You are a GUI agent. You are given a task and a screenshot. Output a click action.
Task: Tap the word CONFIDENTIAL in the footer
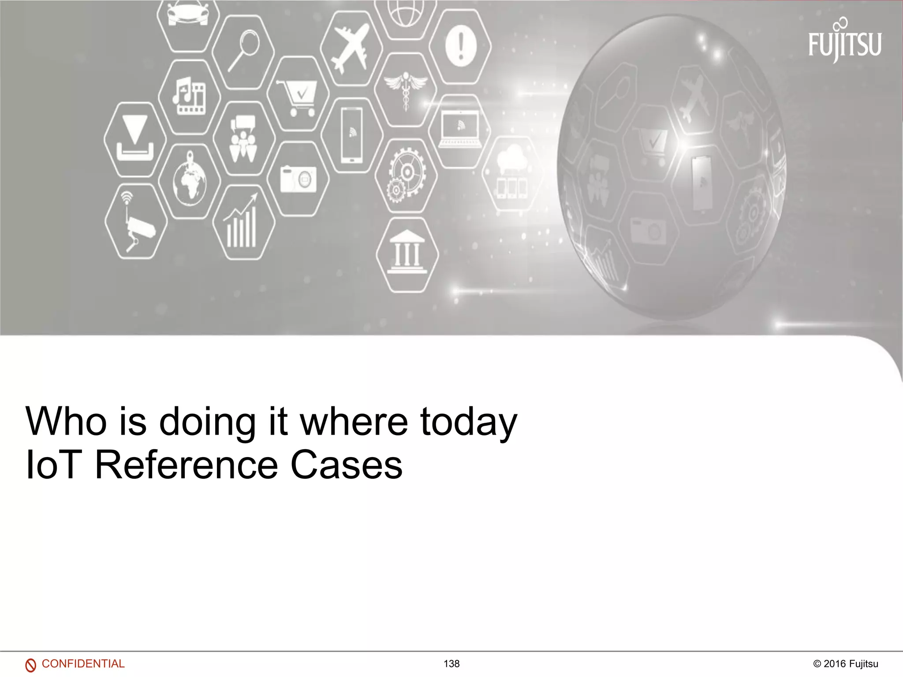click(x=83, y=663)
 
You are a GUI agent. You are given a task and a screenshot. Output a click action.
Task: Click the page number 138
click(x=451, y=664)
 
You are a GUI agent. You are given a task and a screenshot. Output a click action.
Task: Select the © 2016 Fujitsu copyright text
click(x=846, y=664)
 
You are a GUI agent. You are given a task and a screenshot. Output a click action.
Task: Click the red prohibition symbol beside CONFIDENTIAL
click(x=30, y=665)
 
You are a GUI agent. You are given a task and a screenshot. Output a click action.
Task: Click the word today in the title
click(x=468, y=422)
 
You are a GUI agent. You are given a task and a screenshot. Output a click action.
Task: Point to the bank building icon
click(x=407, y=253)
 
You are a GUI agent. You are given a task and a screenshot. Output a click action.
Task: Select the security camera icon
click(x=135, y=222)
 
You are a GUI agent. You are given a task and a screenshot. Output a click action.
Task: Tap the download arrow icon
click(x=135, y=139)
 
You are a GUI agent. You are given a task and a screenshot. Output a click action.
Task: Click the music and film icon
click(x=189, y=96)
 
